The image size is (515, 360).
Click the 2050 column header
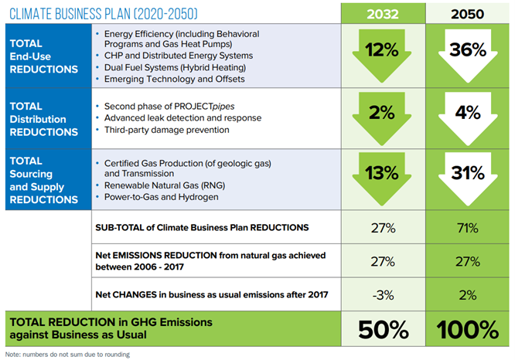click(468, 13)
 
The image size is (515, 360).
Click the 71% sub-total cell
click(468, 229)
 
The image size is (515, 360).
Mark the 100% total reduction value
click(468, 330)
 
